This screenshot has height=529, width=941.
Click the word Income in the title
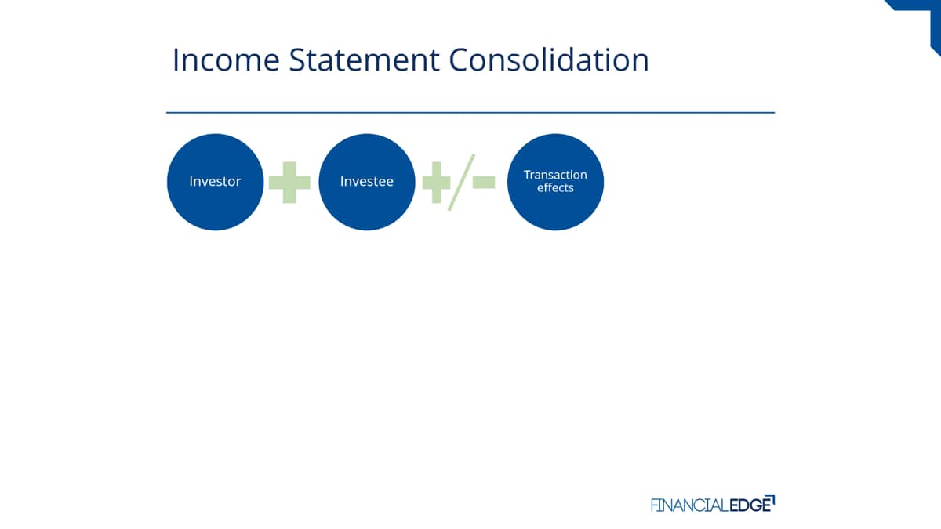click(x=226, y=60)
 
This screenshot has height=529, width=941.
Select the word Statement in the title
click(x=364, y=60)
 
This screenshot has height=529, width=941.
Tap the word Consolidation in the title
click(x=549, y=60)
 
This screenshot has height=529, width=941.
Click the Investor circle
click(x=215, y=182)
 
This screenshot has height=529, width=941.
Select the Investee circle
click(x=367, y=182)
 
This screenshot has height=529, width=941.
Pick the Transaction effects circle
click(x=555, y=182)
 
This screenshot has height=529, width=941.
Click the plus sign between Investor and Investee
click(x=289, y=182)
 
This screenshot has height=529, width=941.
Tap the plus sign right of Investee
click(x=436, y=182)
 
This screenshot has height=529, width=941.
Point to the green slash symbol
click(x=461, y=182)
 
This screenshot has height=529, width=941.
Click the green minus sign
click(x=484, y=182)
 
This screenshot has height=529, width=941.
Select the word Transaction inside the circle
click(x=555, y=175)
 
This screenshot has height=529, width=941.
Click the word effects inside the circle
click(x=555, y=187)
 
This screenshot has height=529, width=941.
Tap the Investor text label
click(x=215, y=181)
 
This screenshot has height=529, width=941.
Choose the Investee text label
click(x=367, y=181)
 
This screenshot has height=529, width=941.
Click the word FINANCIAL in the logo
click(x=689, y=505)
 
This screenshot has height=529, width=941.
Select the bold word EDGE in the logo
click(x=750, y=505)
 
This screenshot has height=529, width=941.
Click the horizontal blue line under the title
click(x=470, y=113)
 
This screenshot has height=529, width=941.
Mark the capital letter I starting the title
click(x=176, y=60)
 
